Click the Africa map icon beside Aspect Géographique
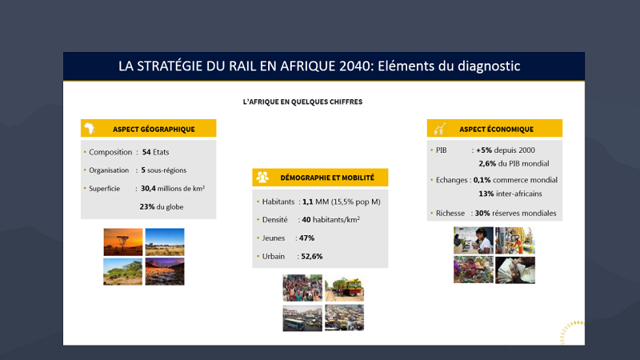(x=90, y=129)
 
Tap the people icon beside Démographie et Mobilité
(x=262, y=177)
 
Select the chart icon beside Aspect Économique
(x=439, y=129)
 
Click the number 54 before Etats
(x=146, y=152)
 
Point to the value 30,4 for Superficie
(x=148, y=189)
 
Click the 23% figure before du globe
(x=147, y=206)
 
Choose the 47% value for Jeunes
(x=306, y=238)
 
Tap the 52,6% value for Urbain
(x=312, y=256)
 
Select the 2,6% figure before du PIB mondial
(x=487, y=164)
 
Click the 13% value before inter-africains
(x=486, y=194)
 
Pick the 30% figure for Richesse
(x=482, y=213)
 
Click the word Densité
(x=274, y=219)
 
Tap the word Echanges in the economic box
(x=451, y=180)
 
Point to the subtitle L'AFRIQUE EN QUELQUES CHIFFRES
(x=302, y=102)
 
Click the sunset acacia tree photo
(x=123, y=242)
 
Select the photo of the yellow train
(x=345, y=288)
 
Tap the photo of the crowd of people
(x=302, y=288)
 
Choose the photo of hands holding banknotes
(x=515, y=270)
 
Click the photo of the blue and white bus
(x=302, y=318)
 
